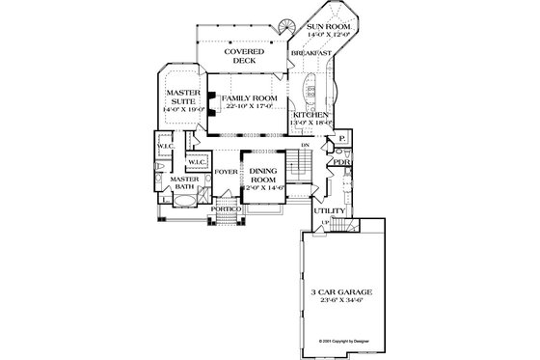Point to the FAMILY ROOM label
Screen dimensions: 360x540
coord(248,98)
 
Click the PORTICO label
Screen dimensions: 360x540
coord(226,208)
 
